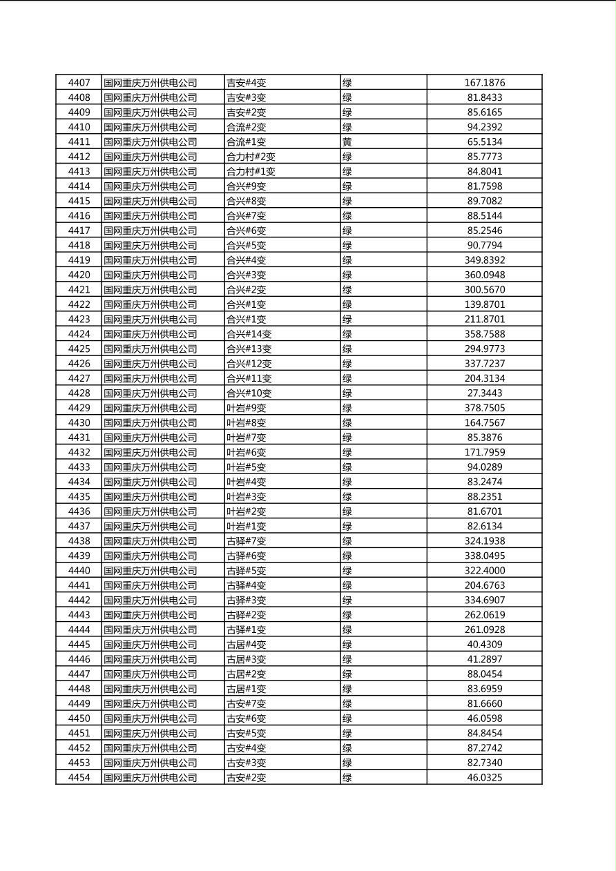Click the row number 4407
pos(79,83)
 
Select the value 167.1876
pos(484,83)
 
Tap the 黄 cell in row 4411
pos(347,142)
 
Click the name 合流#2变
pos(246,127)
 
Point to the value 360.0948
pos(484,275)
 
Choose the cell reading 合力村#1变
pos(251,172)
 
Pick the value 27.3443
pos(484,393)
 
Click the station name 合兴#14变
pos(249,334)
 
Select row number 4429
pos(79,408)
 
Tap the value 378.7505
pos(484,408)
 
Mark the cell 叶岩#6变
pos(246,453)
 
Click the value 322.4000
pos(484,571)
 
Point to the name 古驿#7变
pos(246,541)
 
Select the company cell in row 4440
pos(151,571)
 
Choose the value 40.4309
pos(484,645)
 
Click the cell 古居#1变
pos(246,689)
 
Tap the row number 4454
pos(79,778)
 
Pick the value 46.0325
pos(484,778)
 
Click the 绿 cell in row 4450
pos(347,718)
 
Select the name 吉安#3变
pos(246,98)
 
